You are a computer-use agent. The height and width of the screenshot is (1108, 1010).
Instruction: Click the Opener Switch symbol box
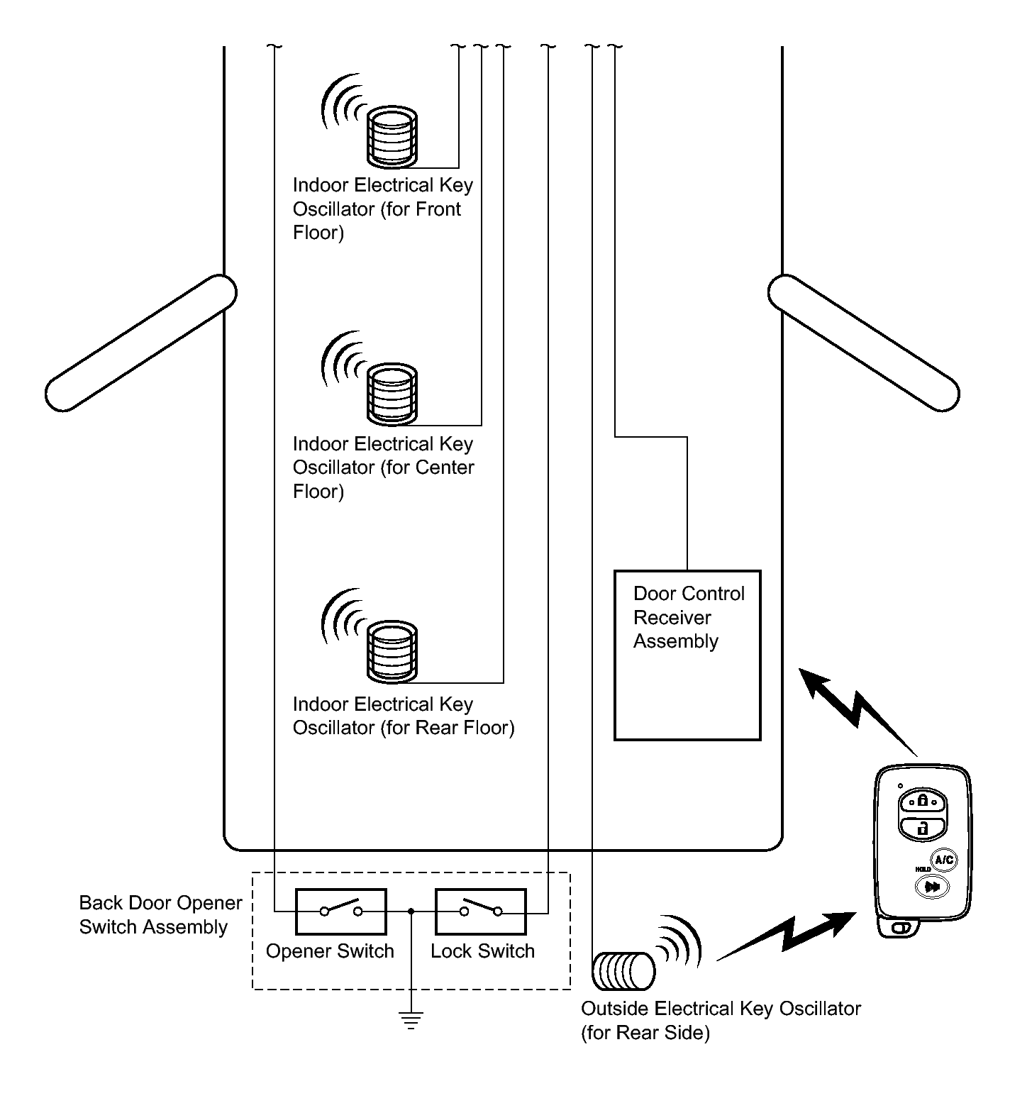(341, 911)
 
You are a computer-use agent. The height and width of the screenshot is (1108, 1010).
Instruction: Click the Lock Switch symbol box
(480, 911)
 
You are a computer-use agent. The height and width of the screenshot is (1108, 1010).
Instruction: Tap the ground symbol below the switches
(411, 1019)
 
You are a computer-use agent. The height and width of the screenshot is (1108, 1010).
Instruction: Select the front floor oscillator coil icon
(392, 135)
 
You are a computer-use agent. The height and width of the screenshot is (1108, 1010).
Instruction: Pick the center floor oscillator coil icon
(392, 394)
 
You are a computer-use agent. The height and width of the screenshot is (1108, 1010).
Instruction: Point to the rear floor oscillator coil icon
(392, 652)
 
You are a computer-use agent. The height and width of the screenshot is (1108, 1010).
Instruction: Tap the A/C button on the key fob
(943, 860)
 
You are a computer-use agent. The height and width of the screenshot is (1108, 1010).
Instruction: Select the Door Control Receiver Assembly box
(687, 655)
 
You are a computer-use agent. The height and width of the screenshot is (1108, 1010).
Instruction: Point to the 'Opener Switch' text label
(330, 951)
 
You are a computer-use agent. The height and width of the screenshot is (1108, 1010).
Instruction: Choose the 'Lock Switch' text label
(482, 951)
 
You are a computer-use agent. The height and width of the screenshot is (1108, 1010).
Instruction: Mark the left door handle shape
(140, 343)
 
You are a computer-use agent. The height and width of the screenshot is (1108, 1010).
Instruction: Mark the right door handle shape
(864, 343)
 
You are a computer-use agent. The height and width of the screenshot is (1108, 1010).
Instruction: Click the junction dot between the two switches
(411, 911)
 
